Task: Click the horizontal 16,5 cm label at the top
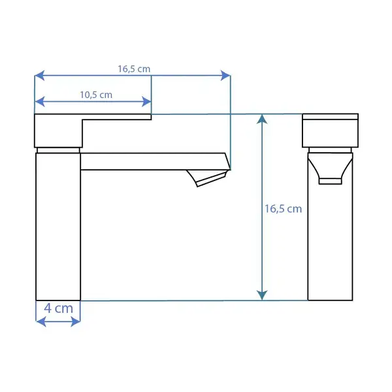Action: point(134,69)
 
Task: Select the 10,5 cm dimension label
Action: point(96,95)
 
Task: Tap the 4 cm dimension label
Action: point(59,308)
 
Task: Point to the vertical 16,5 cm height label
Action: point(284,209)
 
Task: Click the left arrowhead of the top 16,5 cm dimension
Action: point(39,76)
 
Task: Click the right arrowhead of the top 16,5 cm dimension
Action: point(225,76)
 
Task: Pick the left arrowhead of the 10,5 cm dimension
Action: point(39,101)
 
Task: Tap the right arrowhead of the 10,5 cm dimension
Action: point(146,101)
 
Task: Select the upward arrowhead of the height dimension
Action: point(262,119)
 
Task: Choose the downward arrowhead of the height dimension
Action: point(262,295)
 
